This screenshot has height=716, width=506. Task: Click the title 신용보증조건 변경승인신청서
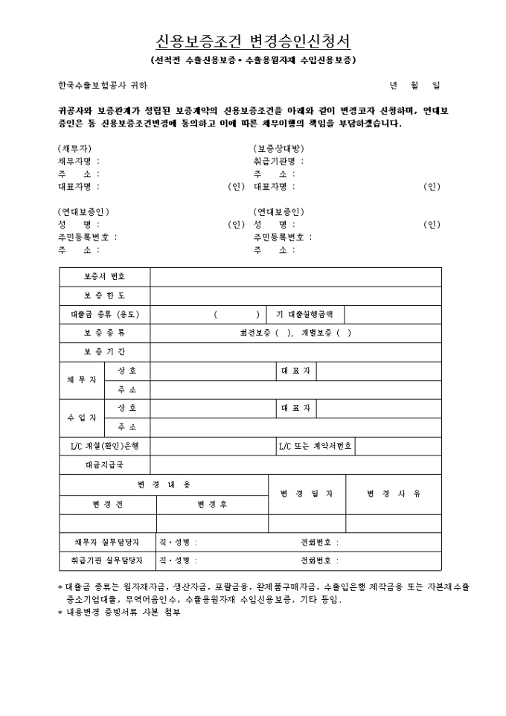point(253,40)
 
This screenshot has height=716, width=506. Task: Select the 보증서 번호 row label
point(104,277)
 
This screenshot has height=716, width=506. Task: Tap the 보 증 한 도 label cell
point(104,295)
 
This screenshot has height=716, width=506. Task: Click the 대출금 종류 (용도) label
point(104,315)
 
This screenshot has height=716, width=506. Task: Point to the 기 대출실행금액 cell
point(305,315)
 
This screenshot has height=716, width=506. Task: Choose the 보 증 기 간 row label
point(104,351)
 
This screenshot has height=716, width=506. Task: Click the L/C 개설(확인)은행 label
point(104,447)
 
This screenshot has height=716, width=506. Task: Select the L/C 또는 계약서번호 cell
point(315,447)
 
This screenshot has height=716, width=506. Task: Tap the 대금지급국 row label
point(104,465)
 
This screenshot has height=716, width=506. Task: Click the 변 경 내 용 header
point(164,485)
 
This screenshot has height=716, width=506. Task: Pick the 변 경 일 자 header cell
point(307,493)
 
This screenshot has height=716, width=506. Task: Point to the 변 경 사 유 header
point(394,493)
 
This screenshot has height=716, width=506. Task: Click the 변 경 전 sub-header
point(108,504)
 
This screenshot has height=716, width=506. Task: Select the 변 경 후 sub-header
point(212,504)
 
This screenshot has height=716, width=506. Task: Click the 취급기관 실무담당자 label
point(105,560)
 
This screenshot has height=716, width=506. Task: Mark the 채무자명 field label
point(78,161)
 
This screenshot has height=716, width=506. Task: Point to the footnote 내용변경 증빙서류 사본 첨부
point(123,613)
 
